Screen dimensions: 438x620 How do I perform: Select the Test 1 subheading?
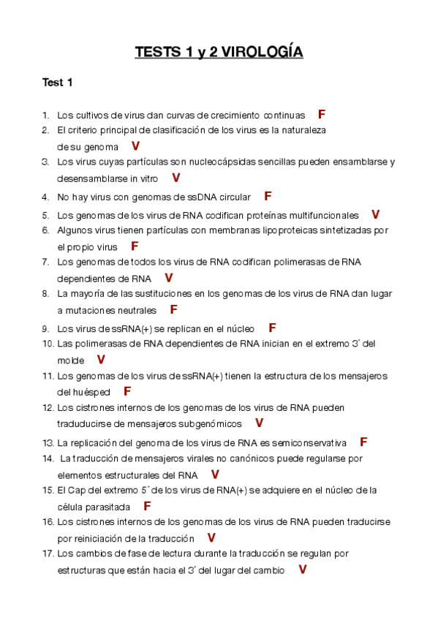58,83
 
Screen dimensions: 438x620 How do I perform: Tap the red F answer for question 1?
322,115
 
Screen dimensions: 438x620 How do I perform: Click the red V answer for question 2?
135,146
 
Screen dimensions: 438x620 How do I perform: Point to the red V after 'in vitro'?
175,178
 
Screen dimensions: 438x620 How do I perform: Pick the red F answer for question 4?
268,196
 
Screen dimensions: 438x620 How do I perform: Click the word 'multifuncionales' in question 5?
322,216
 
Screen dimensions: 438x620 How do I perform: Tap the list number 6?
45,230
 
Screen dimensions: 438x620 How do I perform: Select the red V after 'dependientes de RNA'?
169,278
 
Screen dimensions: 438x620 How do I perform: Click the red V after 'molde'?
101,360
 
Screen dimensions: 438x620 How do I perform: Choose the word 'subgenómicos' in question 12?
208,424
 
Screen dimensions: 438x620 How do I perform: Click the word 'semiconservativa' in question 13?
310,443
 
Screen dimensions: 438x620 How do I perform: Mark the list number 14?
48,458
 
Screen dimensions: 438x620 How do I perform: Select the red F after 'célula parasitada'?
147,506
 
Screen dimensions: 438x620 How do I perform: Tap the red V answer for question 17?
302,570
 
